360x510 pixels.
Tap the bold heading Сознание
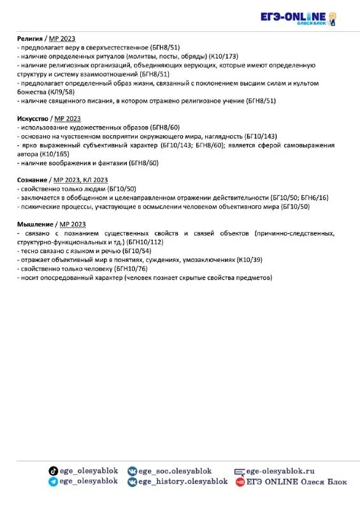31,180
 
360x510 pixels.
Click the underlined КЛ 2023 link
94,180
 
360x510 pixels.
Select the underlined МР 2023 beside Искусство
68,119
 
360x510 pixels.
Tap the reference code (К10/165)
55,154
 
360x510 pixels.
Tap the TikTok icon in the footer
53,470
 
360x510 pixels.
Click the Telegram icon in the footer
53,482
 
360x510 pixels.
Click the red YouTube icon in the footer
240,482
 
